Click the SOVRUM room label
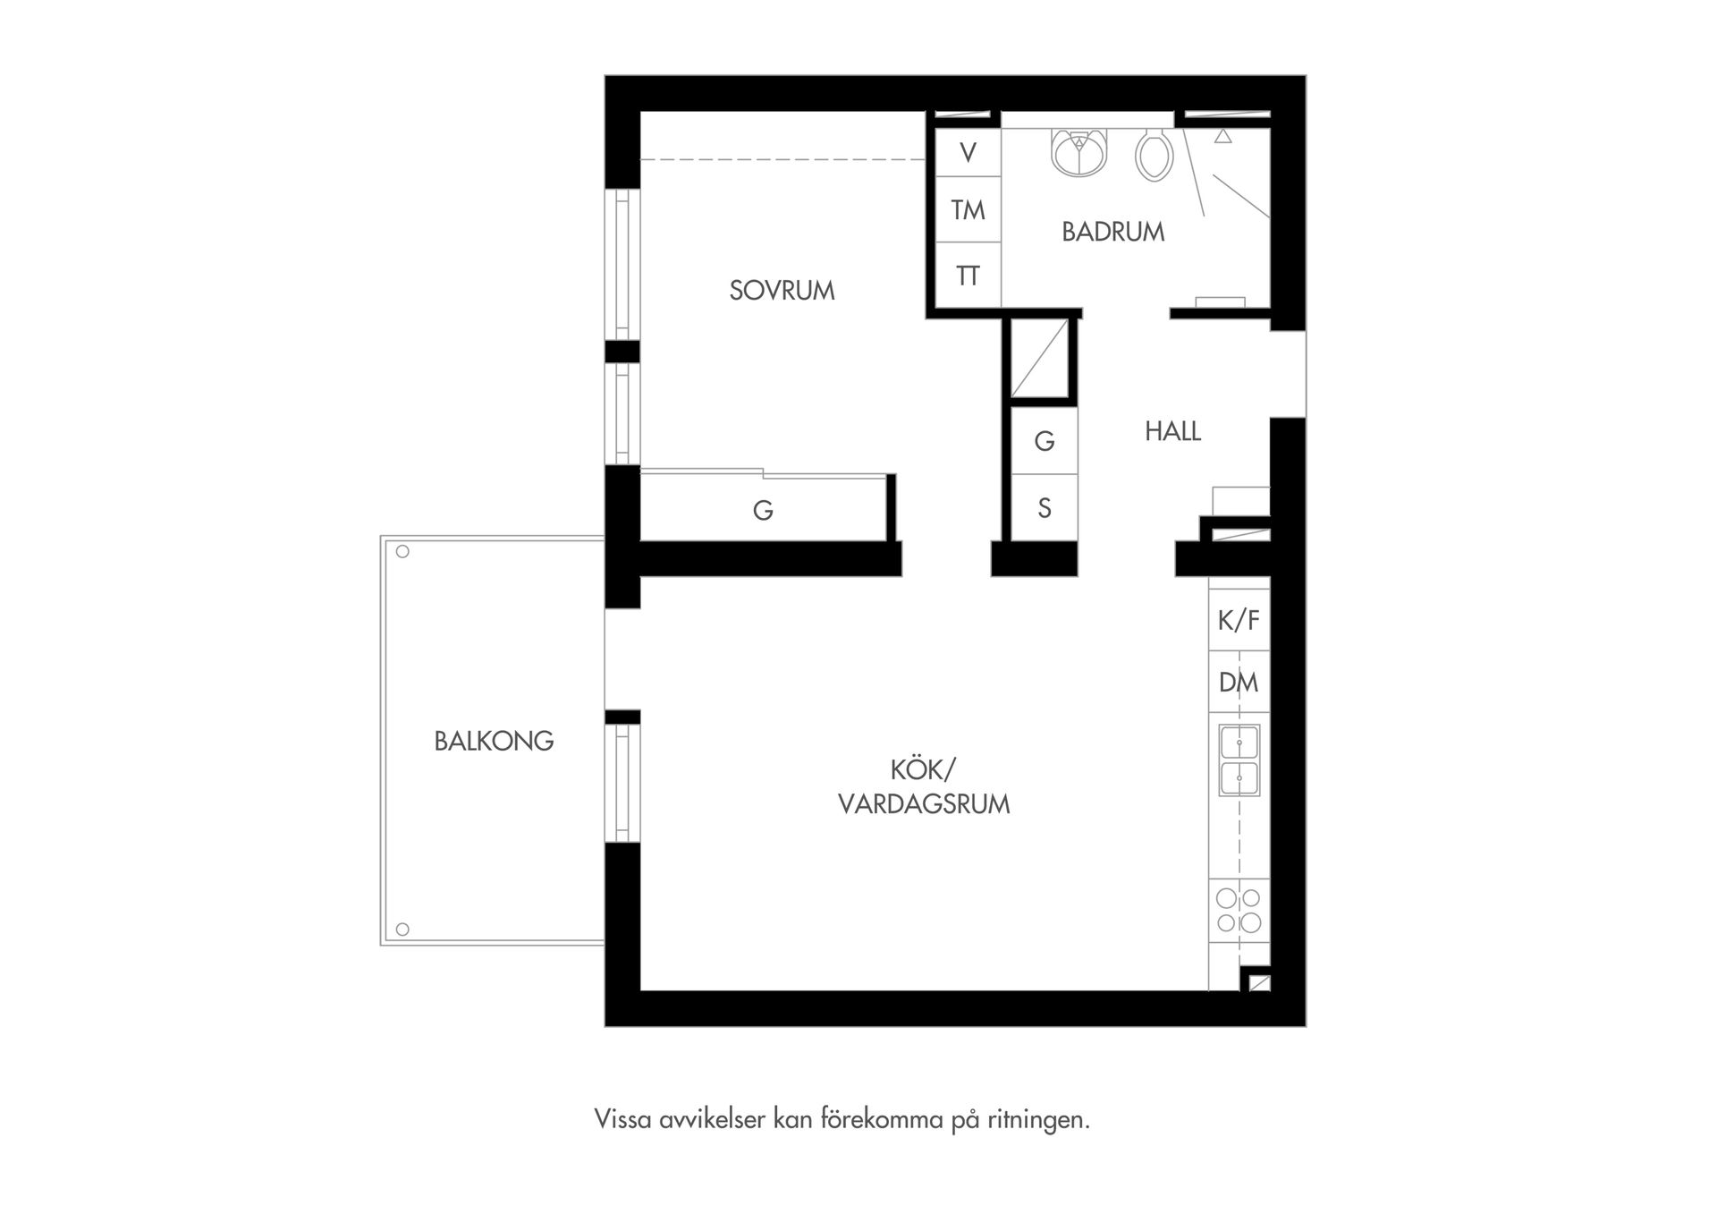tap(782, 291)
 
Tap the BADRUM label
tap(1112, 232)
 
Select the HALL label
tap(1172, 431)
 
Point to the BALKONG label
tap(494, 741)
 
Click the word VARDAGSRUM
tap(924, 803)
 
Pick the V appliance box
tap(968, 152)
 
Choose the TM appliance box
tap(968, 209)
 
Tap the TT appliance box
tap(968, 275)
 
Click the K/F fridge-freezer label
tap(1239, 619)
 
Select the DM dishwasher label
tap(1239, 683)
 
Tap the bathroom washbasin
tap(1080, 152)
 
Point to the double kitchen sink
tap(1239, 760)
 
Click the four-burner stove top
tap(1239, 910)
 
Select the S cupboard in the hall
tap(1044, 508)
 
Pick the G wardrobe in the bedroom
tap(763, 510)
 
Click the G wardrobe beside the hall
tap(1044, 441)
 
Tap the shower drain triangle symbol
tap(1222, 137)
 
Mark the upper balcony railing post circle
tap(402, 552)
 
